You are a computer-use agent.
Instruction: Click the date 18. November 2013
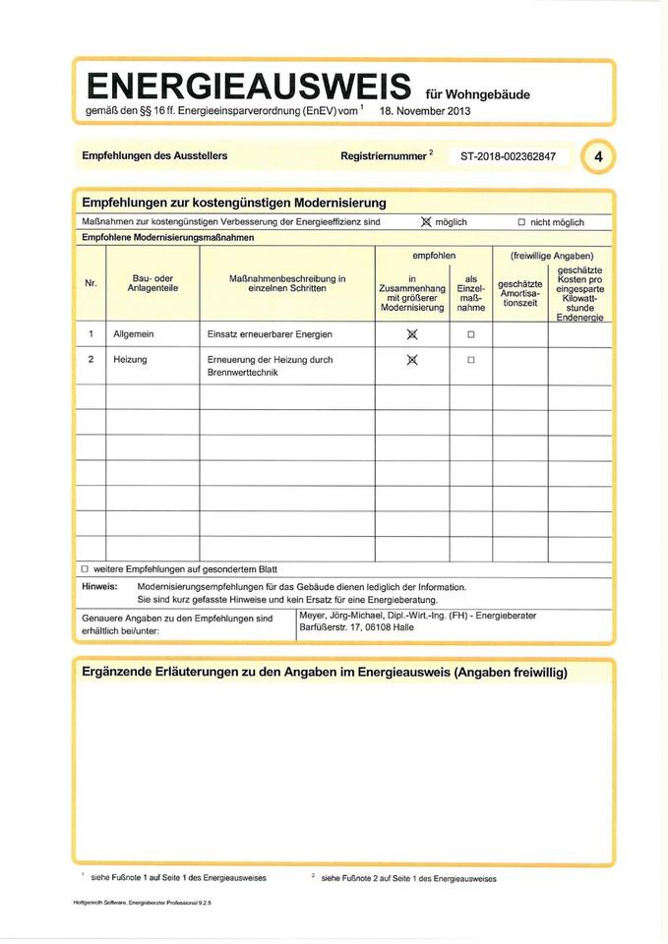(424, 111)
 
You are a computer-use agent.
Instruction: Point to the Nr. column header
(91, 283)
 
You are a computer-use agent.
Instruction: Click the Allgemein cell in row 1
(134, 334)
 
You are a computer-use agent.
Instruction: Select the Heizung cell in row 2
(130, 360)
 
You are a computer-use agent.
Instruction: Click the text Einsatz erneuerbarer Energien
(270, 334)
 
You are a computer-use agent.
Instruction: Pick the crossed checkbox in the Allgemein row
(413, 334)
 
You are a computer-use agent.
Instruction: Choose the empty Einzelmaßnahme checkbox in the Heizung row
(470, 360)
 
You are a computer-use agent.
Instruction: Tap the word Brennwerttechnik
(243, 374)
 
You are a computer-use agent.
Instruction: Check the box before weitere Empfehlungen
(85, 569)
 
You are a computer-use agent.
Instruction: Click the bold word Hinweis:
(99, 587)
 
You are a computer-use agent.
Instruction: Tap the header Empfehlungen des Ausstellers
(154, 156)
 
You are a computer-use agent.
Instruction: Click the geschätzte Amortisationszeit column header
(520, 292)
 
